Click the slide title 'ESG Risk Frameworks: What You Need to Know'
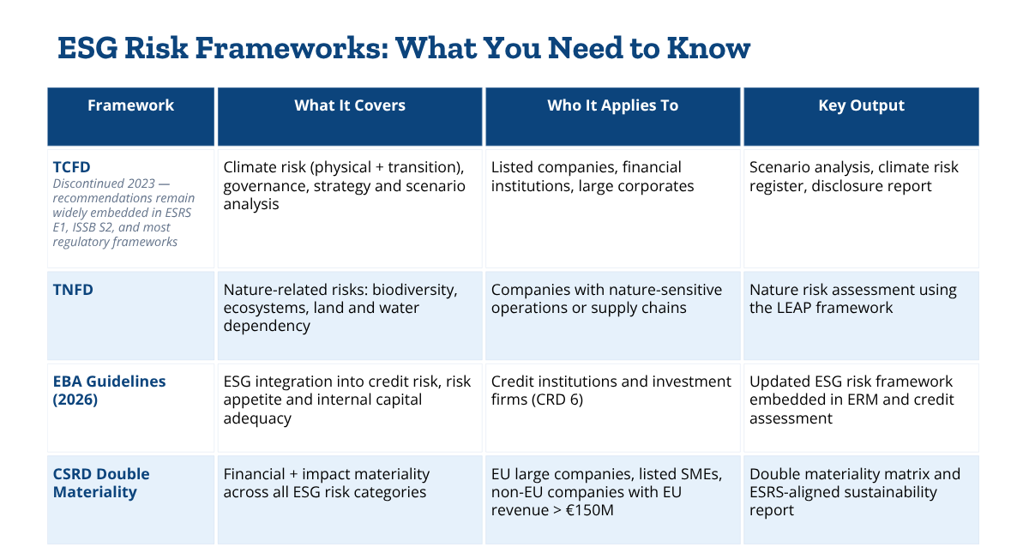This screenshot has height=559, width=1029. click(x=404, y=48)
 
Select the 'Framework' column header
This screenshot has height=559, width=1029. click(x=130, y=105)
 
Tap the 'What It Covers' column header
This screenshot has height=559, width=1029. click(x=350, y=105)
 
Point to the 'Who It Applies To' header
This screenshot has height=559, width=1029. click(x=612, y=105)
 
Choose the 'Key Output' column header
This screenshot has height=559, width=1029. click(x=861, y=105)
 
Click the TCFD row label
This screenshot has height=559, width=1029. click(x=71, y=166)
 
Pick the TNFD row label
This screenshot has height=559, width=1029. click(x=73, y=290)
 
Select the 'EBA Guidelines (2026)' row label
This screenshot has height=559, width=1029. click(x=109, y=390)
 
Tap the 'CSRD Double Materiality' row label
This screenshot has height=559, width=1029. click(x=101, y=483)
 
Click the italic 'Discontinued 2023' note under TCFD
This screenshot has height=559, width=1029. click(x=104, y=183)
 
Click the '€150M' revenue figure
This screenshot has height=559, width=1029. click(x=589, y=510)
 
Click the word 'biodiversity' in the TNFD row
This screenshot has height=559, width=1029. click(x=414, y=290)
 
